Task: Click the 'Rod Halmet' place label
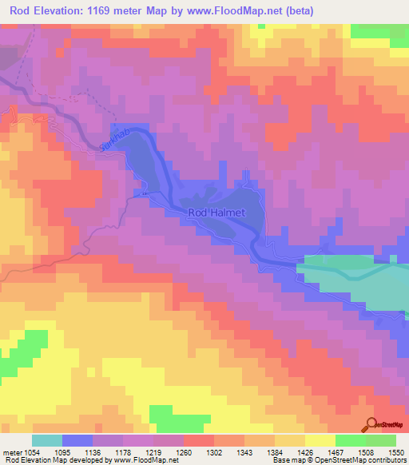[x=217, y=213]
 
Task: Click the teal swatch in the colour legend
[x=47, y=440]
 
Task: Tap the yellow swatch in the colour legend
[x=319, y=440]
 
